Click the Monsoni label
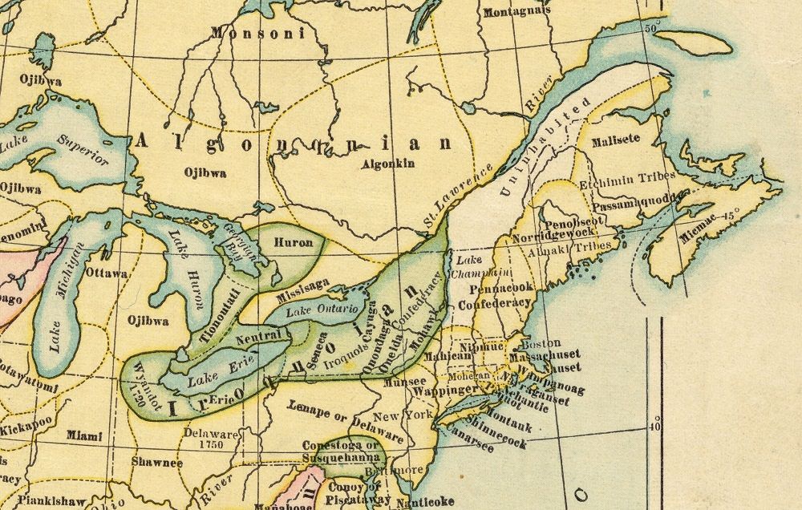click(x=257, y=34)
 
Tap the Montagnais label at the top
click(x=517, y=12)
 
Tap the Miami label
click(x=85, y=435)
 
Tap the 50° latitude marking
click(x=650, y=28)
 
